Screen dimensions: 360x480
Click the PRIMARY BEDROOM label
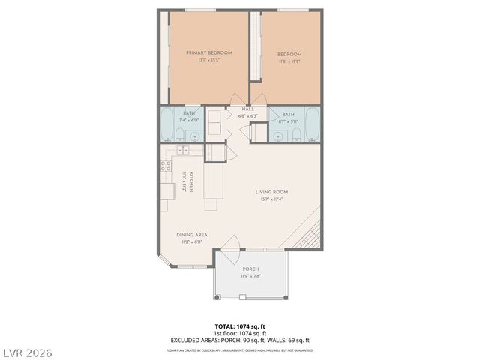209,52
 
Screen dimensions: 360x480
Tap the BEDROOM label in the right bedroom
289,54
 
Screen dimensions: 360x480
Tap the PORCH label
250,268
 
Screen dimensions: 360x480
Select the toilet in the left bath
181,135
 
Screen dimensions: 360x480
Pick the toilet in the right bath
296,135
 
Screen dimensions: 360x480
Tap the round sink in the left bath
194,136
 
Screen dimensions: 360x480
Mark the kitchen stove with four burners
164,166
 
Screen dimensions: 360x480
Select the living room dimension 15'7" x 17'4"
271,199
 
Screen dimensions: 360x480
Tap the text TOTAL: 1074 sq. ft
240,326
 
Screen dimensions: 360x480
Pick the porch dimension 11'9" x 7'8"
250,276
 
